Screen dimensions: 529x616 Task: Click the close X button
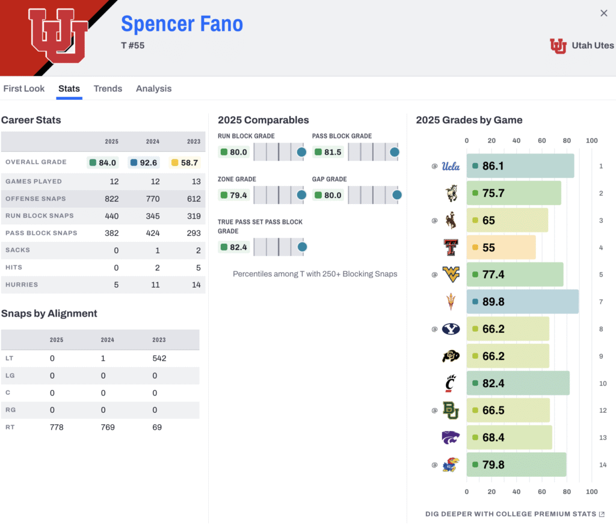[604, 13]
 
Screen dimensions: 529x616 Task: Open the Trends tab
[108, 88]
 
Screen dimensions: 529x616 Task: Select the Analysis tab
[153, 88]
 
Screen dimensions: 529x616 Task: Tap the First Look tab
[24, 88]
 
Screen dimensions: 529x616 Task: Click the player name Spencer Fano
[182, 23]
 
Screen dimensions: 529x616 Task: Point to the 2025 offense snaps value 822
[112, 199]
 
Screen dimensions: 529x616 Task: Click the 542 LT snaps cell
[159, 358]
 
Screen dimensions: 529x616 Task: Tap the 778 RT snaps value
[56, 427]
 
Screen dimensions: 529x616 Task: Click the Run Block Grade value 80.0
[234, 152]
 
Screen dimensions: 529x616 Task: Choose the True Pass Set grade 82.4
[234, 247]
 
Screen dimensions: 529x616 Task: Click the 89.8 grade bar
[522, 302]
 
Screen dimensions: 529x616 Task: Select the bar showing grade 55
[500, 247]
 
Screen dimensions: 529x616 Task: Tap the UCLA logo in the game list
[450, 166]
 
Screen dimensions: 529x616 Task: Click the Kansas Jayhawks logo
[450, 465]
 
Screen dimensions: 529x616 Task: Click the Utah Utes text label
[592, 46]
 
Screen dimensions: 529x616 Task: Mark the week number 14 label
[603, 465]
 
